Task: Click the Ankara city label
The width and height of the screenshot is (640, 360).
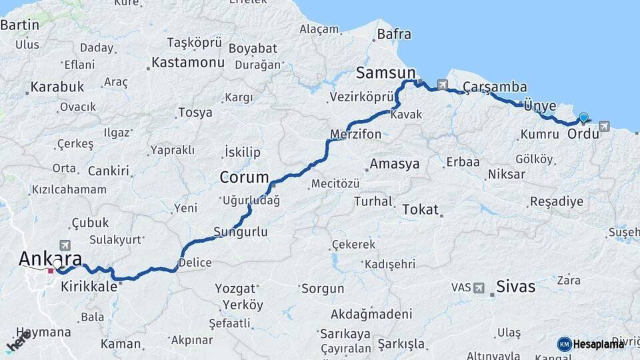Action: tap(51, 258)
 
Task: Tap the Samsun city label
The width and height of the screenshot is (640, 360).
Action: tap(386, 73)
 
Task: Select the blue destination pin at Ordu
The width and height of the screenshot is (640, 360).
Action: tap(584, 118)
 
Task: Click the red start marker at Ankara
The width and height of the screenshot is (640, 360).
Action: tap(51, 271)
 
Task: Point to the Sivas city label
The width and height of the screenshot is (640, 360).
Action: tap(515, 287)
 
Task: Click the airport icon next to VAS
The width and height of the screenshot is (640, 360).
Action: tap(479, 287)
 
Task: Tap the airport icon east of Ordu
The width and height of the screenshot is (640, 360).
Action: tap(604, 125)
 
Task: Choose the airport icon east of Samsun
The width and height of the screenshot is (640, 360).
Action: tap(442, 85)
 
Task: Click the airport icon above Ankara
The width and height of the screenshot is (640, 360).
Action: tap(65, 245)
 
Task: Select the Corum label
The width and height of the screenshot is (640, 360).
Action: tap(244, 178)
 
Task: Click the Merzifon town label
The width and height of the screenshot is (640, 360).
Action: tap(356, 135)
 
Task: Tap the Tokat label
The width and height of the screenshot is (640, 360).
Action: tap(420, 210)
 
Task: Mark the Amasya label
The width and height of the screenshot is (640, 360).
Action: tap(395, 164)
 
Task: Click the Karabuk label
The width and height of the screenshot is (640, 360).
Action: tap(57, 87)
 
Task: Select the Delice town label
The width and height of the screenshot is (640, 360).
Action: tap(195, 262)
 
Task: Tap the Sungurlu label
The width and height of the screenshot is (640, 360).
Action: tap(241, 233)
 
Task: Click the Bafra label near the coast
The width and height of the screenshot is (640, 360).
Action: tap(394, 33)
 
